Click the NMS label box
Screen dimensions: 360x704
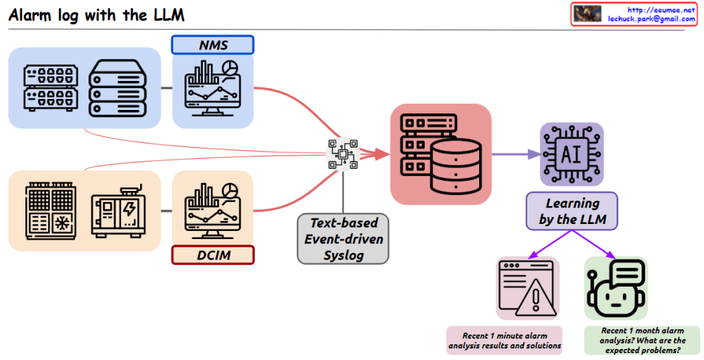coord(212,45)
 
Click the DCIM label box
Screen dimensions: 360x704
coord(212,256)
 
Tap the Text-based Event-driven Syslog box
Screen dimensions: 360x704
coord(343,239)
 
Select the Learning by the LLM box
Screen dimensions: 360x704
coord(572,211)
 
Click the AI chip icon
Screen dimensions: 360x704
coord(571,154)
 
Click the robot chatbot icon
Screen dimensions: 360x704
coord(615,289)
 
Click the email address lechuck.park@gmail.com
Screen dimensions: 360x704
coord(651,19)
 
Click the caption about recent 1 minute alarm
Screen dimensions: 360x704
coord(505,340)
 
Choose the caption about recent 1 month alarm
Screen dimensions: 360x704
coord(642,340)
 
